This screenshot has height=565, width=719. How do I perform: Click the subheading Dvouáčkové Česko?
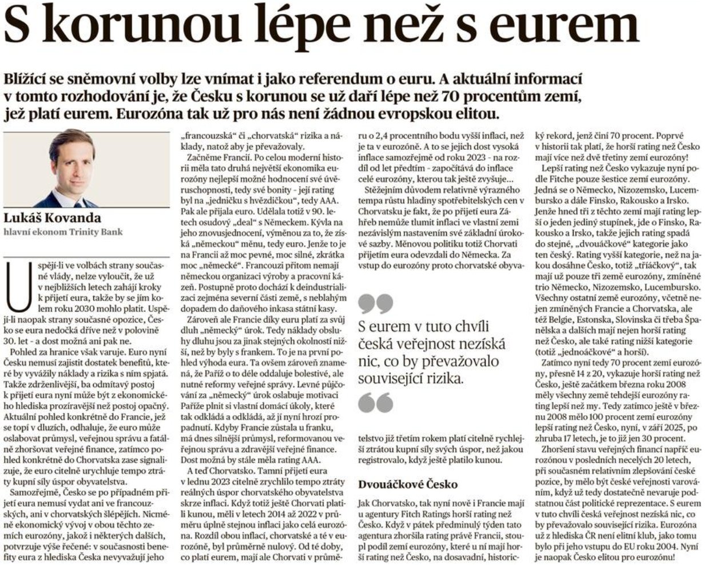click(x=407, y=484)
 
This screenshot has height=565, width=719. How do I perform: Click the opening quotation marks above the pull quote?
click(x=375, y=304)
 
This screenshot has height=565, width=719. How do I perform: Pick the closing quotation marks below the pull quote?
click(x=375, y=402)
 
